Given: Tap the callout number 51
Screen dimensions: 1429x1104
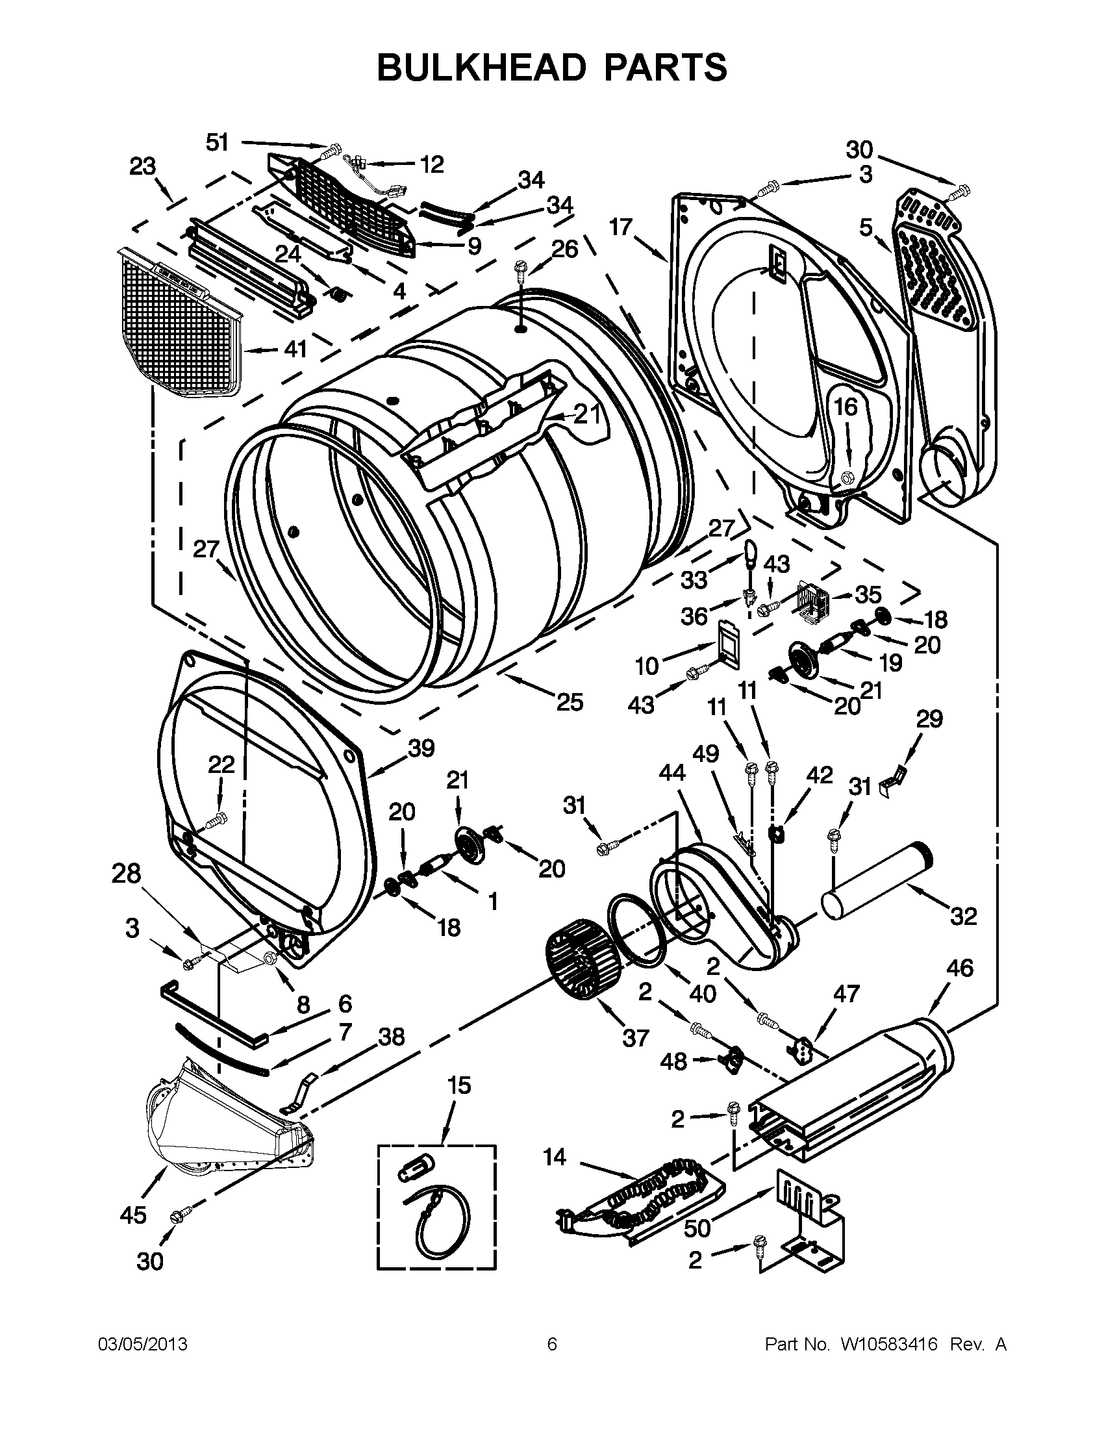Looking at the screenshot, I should tap(217, 142).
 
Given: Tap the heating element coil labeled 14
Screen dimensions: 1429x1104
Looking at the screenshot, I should tap(644, 1200).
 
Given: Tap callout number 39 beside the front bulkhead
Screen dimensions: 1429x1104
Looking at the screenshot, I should tap(421, 748).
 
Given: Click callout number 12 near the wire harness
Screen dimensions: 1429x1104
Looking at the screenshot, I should tap(431, 164).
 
